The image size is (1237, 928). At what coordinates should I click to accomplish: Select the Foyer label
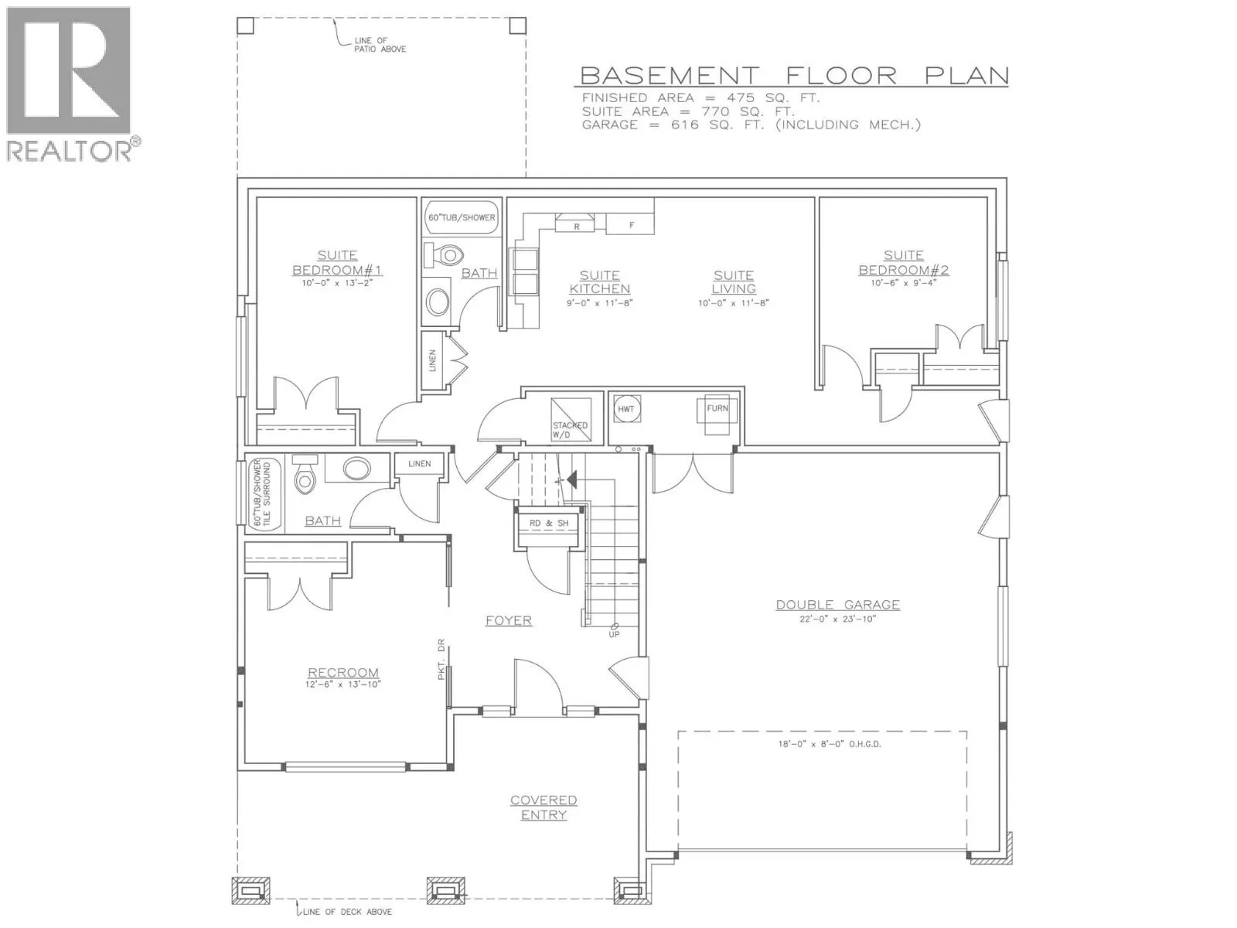click(x=508, y=620)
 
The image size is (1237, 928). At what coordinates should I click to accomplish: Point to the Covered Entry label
click(x=544, y=807)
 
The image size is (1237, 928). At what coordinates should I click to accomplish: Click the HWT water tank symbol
click(x=625, y=410)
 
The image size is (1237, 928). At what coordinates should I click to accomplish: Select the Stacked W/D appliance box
click(x=571, y=418)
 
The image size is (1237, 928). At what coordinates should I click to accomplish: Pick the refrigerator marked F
click(x=631, y=224)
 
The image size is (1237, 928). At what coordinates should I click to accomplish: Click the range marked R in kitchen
click(x=575, y=223)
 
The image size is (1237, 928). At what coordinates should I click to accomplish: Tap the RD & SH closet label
click(x=548, y=524)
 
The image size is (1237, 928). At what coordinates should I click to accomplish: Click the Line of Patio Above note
click(x=380, y=45)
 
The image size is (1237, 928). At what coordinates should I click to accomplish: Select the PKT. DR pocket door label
click(x=441, y=659)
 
